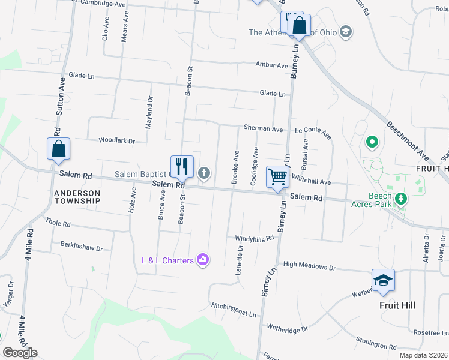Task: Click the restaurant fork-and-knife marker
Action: (x=182, y=166)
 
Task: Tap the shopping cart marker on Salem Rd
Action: (x=277, y=177)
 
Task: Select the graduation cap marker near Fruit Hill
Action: (x=383, y=280)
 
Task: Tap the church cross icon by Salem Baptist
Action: (x=204, y=174)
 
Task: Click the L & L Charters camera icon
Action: (x=203, y=260)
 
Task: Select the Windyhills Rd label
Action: (x=255, y=238)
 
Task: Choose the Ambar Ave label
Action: (x=271, y=65)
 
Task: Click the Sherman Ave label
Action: (x=263, y=128)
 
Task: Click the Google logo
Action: (x=20, y=353)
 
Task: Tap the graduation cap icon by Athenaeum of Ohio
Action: (x=345, y=32)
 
